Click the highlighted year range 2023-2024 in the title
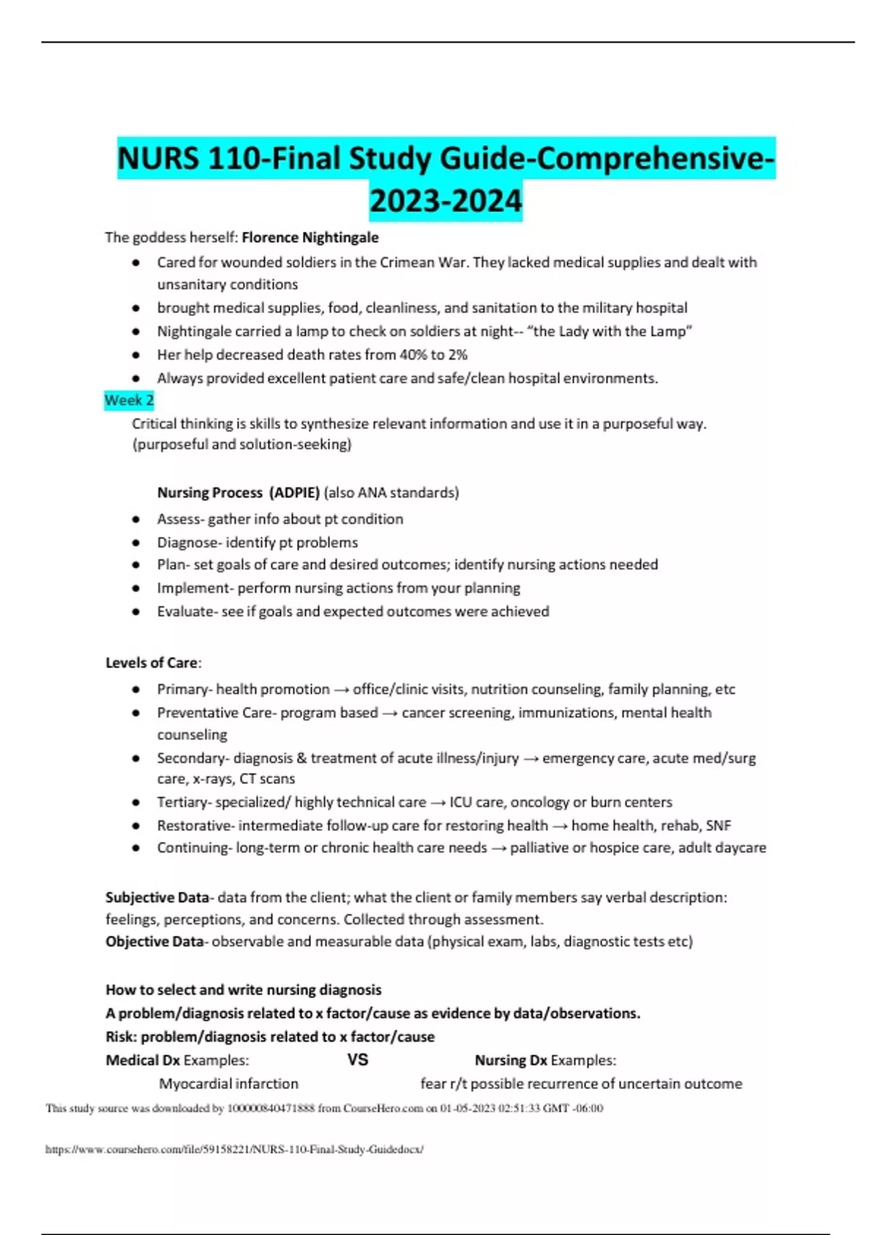coord(445,201)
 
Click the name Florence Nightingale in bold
coord(310,238)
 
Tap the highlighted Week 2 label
coord(129,400)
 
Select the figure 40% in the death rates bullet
coord(413,355)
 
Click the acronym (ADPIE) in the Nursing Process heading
coord(294,493)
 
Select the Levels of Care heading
coord(152,663)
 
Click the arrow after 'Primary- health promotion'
coord(341,689)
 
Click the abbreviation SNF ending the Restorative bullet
coord(718,825)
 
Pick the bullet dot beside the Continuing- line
coord(136,848)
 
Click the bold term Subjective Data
coord(156,897)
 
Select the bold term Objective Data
coord(154,942)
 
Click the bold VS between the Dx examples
coord(358,1060)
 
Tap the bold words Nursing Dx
coord(510,1061)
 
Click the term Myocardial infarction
coord(228,1084)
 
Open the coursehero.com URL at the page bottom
coord(234,1149)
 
